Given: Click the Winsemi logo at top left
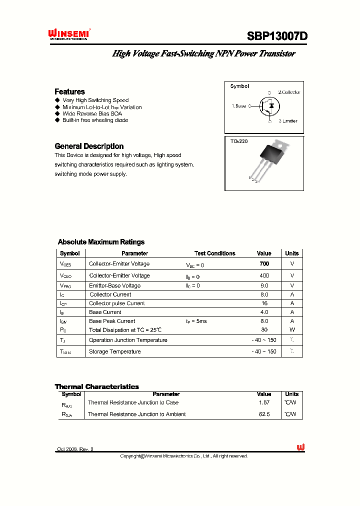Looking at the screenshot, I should pos(68,34).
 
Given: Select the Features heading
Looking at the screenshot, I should pos(69,91).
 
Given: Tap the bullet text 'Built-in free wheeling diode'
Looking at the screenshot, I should pos(95,120).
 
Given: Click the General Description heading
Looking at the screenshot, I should pos(89,146).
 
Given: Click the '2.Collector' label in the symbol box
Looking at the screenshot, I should pos(289,92).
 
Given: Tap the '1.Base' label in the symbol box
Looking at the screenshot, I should pos(239,106).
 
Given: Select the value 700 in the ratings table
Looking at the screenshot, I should pos(264,263).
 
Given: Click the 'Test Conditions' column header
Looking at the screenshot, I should pos(214,253).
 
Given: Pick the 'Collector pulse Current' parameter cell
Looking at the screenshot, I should pos(116,303).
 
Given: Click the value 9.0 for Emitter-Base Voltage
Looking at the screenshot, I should pos(264,285).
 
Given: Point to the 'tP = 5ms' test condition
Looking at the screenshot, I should pos(196,321).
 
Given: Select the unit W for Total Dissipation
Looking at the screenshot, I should pos(292,329).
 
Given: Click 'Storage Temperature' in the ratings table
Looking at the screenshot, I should pos(114,351).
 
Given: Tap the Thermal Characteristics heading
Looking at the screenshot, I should pos(96,386).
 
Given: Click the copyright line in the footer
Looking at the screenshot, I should pos(184,456).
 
